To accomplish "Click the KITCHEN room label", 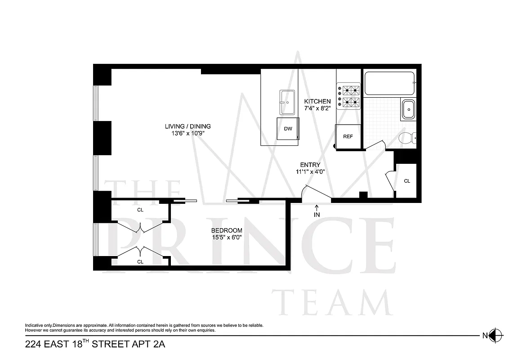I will point(317,101).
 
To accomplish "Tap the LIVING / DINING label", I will point(188,126).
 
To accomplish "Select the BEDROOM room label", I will point(227,230).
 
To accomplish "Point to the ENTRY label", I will point(310,165).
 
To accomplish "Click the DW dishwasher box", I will point(288,129).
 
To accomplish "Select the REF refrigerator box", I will point(348,136).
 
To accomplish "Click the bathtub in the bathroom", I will point(389,83).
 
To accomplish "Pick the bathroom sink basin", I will point(409,109).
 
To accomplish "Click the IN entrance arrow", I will point(317,211).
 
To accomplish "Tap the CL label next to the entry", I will point(407,181).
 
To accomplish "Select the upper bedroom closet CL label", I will point(140,210).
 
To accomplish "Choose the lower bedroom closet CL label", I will point(140,261).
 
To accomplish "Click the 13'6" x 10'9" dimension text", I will point(188,134).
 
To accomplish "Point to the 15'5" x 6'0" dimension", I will point(227,238).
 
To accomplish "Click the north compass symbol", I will point(496,335).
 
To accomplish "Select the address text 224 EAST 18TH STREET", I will point(90,345).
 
